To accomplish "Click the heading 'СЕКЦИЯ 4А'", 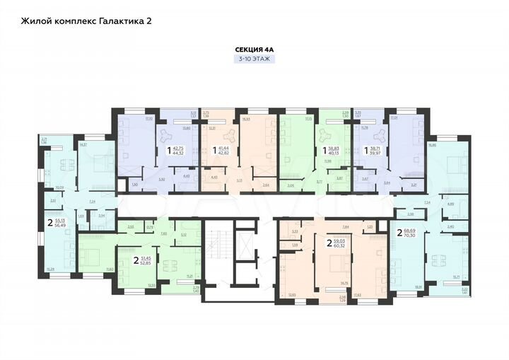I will coord(254,50).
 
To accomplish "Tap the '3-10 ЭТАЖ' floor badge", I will coord(254,60).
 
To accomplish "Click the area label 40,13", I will coord(333,153).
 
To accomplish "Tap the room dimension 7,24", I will coord(93,201).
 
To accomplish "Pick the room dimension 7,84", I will coord(345,227).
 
